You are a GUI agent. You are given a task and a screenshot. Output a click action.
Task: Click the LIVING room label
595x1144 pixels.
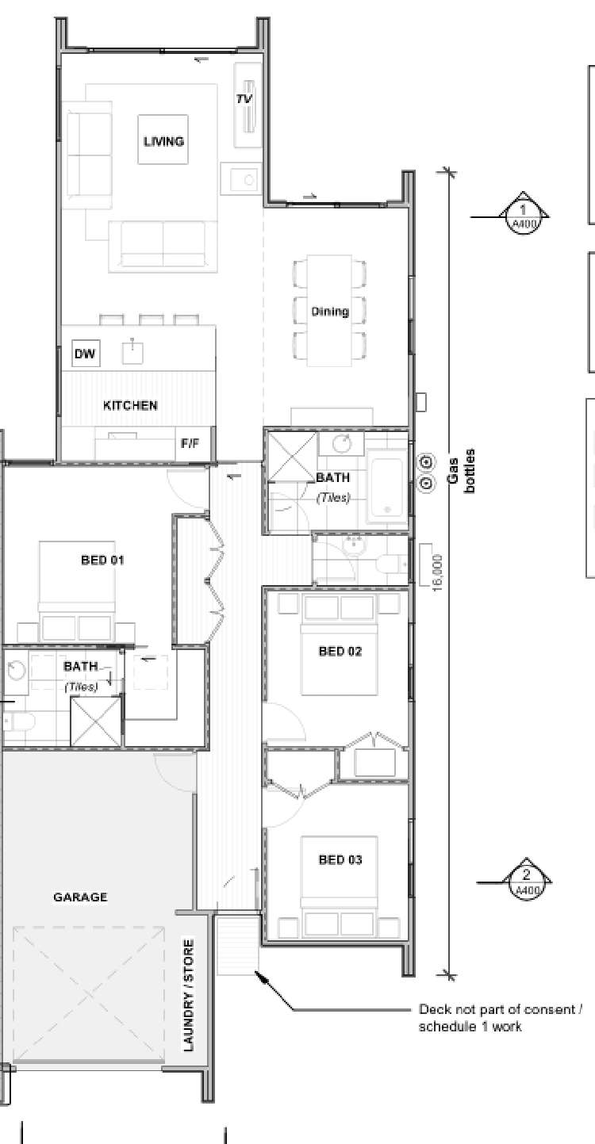163,141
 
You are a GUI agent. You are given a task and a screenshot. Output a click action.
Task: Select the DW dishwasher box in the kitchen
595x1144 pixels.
85,354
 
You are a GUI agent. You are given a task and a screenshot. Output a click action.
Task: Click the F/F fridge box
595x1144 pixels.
190,444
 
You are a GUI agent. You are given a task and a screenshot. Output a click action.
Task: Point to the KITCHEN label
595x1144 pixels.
130,405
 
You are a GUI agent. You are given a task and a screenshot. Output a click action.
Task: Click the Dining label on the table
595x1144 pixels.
330,312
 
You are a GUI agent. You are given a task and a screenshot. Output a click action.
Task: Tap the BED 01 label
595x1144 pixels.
103,560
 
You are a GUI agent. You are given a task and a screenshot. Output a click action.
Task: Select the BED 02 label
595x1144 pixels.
340,651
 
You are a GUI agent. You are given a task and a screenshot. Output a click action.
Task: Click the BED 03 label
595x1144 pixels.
340,859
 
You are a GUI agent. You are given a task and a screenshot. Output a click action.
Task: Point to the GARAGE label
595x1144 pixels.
80,897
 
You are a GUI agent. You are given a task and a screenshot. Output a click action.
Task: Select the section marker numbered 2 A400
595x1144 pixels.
526,882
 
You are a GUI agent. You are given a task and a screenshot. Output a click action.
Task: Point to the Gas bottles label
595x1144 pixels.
460,473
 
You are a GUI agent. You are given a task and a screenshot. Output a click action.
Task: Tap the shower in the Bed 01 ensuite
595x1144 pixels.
96,721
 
